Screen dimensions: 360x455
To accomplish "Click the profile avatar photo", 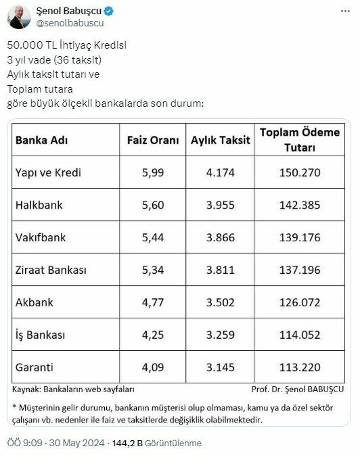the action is (x=18, y=17).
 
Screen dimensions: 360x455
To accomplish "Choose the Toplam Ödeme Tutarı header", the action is (x=300, y=140).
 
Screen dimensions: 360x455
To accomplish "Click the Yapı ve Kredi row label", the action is (x=48, y=172).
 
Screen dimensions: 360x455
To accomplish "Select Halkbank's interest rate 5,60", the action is (x=153, y=205).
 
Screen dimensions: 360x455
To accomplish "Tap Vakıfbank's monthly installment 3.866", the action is (x=221, y=237).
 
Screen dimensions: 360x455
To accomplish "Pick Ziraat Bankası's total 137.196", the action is (x=300, y=270).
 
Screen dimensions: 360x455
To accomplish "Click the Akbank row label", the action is (x=34, y=302).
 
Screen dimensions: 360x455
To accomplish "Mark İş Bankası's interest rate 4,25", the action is (x=153, y=335).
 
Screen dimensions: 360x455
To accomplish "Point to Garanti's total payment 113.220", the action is (x=300, y=367).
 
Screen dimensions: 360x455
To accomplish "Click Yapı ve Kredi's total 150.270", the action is (x=300, y=172).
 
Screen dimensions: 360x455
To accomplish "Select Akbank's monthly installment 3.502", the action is (x=221, y=302).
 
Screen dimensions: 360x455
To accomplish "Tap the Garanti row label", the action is (x=35, y=367).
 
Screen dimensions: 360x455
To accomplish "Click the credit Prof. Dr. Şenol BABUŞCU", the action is (x=297, y=389).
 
